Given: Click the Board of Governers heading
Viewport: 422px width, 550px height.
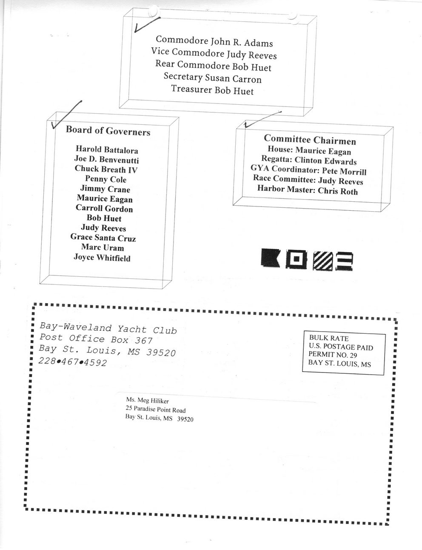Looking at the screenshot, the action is (x=108, y=131).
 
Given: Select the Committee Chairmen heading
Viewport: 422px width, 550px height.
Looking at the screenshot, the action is (x=310, y=140).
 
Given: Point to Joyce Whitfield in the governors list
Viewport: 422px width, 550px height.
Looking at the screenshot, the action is (x=102, y=258).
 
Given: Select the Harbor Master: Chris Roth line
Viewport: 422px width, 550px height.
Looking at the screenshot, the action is (x=308, y=190).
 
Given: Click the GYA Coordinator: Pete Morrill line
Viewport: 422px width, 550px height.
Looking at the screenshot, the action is (x=308, y=170).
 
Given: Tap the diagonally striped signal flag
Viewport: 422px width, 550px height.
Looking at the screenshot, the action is (x=322, y=261).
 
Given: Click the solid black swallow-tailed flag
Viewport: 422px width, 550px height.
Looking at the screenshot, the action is (x=270, y=258).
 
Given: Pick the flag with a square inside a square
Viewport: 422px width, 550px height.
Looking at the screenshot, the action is (x=297, y=259).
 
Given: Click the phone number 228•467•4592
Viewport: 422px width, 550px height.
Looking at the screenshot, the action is (x=73, y=362).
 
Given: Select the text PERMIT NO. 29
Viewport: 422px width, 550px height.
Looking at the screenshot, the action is (x=333, y=355).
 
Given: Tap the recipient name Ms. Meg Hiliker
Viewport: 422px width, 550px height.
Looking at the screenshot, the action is (x=148, y=401).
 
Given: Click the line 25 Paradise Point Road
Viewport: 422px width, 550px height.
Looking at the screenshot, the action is (x=156, y=409).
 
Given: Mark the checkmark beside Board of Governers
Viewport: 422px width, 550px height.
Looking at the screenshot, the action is (x=66, y=115).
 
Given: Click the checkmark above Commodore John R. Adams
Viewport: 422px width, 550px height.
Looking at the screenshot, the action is (x=147, y=25).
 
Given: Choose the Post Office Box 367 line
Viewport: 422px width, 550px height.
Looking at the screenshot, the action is (x=96, y=339).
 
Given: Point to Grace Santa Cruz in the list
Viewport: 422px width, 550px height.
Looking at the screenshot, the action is (x=103, y=238).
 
